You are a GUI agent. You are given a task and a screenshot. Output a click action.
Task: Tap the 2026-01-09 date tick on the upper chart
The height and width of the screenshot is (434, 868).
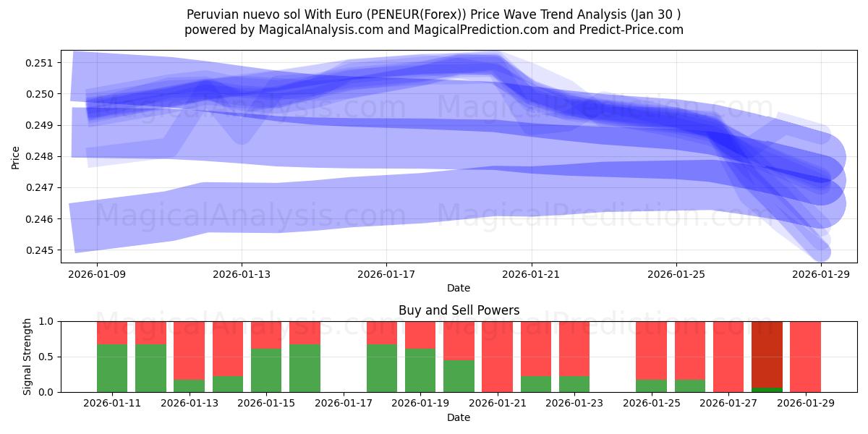click(97, 274)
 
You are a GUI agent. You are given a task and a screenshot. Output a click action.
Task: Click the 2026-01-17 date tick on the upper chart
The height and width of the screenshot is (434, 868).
click(386, 274)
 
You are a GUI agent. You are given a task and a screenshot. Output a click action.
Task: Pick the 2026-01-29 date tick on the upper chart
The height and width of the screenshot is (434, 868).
click(821, 274)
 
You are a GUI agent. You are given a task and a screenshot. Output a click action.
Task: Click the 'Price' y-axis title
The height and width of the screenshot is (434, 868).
click(16, 156)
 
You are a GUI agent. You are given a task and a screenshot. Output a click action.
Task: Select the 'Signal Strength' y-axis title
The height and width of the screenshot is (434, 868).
click(27, 357)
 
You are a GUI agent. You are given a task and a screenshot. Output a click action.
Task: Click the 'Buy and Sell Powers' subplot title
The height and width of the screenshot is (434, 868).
click(459, 310)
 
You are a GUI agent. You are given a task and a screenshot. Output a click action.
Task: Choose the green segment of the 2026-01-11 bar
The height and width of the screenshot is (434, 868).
click(112, 368)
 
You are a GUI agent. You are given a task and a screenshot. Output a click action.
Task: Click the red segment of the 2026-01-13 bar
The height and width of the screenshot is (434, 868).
click(189, 350)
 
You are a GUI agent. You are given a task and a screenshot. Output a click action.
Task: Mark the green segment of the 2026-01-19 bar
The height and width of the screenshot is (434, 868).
click(420, 370)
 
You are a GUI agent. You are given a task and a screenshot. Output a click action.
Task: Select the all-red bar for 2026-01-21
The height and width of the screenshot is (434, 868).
click(498, 357)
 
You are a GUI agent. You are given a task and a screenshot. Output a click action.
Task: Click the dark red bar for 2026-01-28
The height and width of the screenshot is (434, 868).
click(767, 354)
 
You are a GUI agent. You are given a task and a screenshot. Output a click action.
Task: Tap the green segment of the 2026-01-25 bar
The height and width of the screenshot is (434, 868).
click(652, 386)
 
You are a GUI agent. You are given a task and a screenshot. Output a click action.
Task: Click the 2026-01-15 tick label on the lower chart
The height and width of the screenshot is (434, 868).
click(266, 404)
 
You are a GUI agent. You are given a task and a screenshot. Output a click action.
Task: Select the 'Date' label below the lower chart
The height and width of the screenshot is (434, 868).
click(459, 417)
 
